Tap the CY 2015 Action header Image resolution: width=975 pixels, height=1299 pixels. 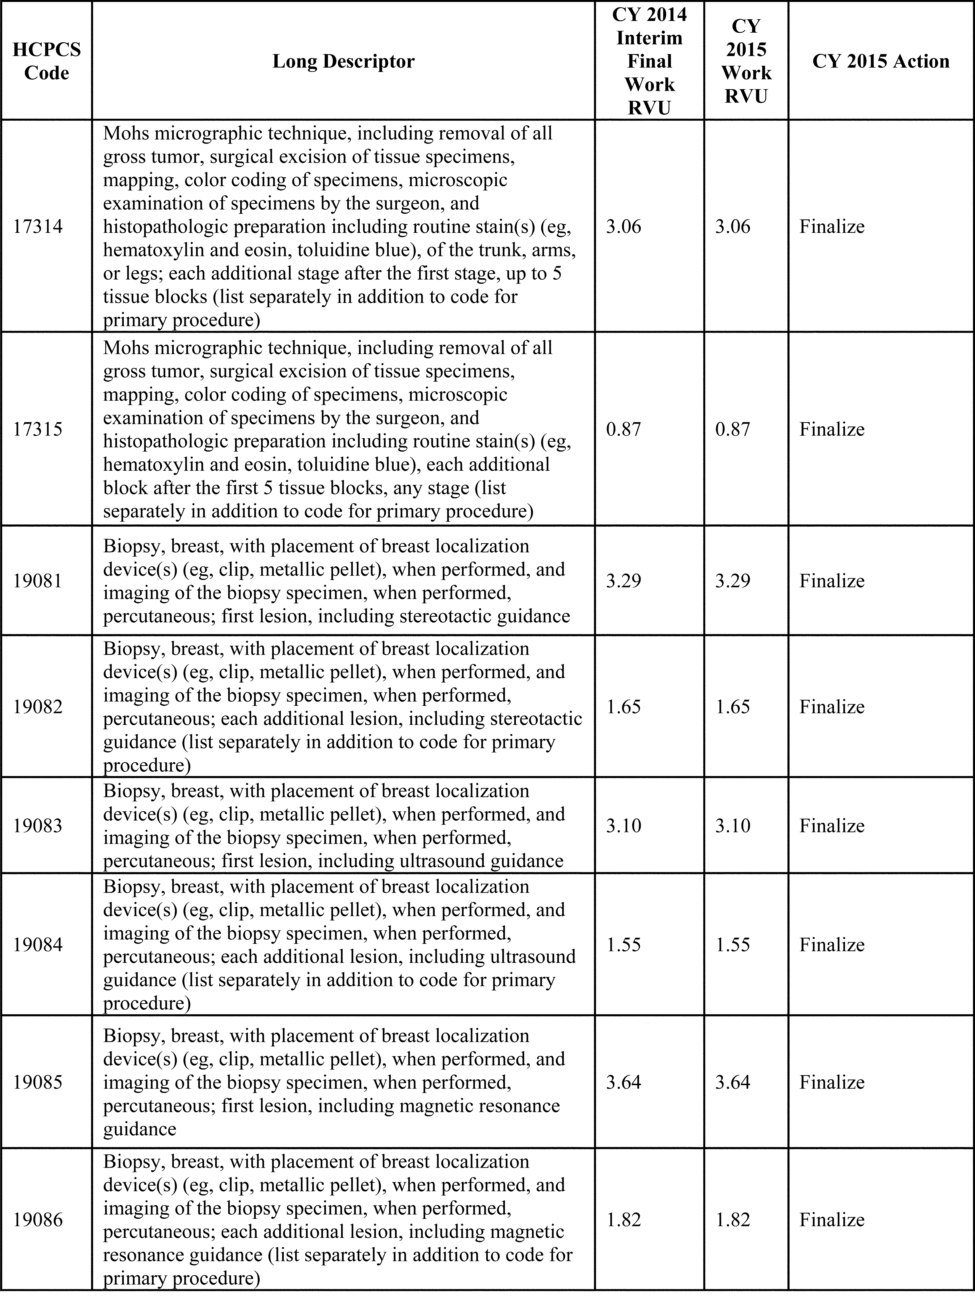point(880,61)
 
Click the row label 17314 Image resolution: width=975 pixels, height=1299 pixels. point(38,227)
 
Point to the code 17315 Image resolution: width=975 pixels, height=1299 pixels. point(38,429)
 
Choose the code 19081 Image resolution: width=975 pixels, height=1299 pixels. point(38,581)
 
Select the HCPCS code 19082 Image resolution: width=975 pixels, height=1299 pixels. point(38,706)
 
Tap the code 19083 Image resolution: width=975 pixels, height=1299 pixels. point(38,826)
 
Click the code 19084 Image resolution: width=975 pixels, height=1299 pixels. point(38,945)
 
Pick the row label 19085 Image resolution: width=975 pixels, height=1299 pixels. point(38,1082)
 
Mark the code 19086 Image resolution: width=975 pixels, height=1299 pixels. point(38,1220)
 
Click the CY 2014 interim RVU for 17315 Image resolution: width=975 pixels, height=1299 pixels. point(624,429)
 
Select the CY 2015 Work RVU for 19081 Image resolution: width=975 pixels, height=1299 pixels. point(732,581)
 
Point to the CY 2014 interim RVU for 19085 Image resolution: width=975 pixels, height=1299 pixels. point(624,1082)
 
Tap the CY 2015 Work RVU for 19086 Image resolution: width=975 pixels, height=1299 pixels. point(732,1220)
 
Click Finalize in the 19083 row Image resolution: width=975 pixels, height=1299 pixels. point(832,826)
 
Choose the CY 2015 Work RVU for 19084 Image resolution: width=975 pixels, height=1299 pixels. point(732,945)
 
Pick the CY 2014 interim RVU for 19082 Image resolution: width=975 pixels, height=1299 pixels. point(624,706)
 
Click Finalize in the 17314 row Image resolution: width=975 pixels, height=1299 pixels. point(832,227)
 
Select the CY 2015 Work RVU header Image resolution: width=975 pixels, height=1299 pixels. point(746,61)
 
